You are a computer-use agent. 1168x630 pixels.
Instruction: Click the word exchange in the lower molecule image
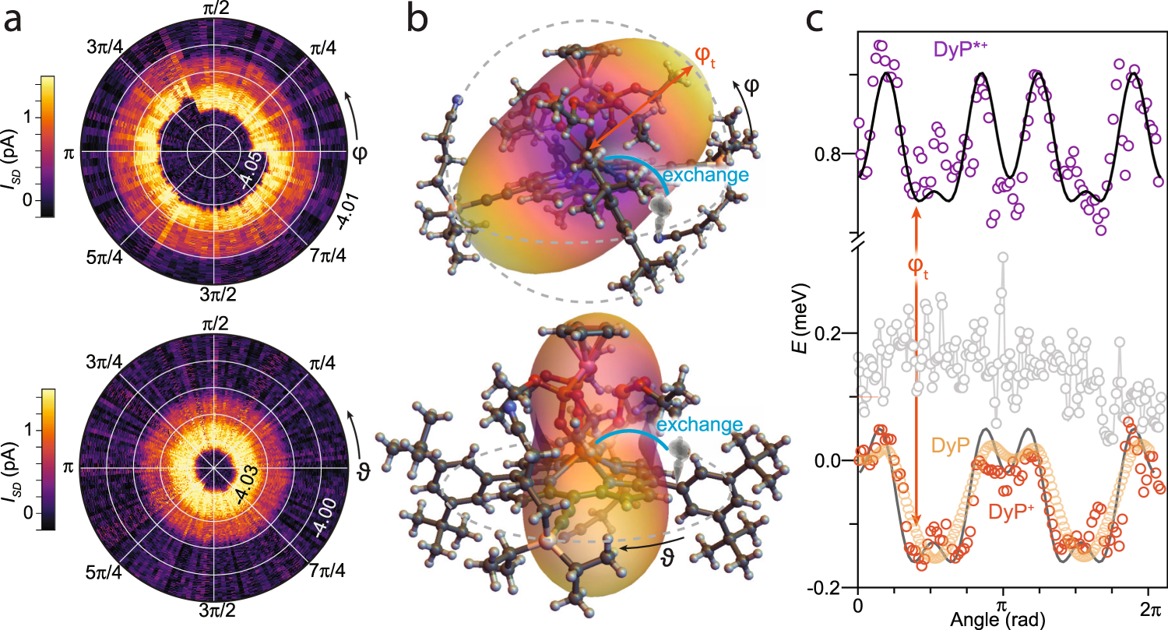pyautogui.click(x=698, y=425)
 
